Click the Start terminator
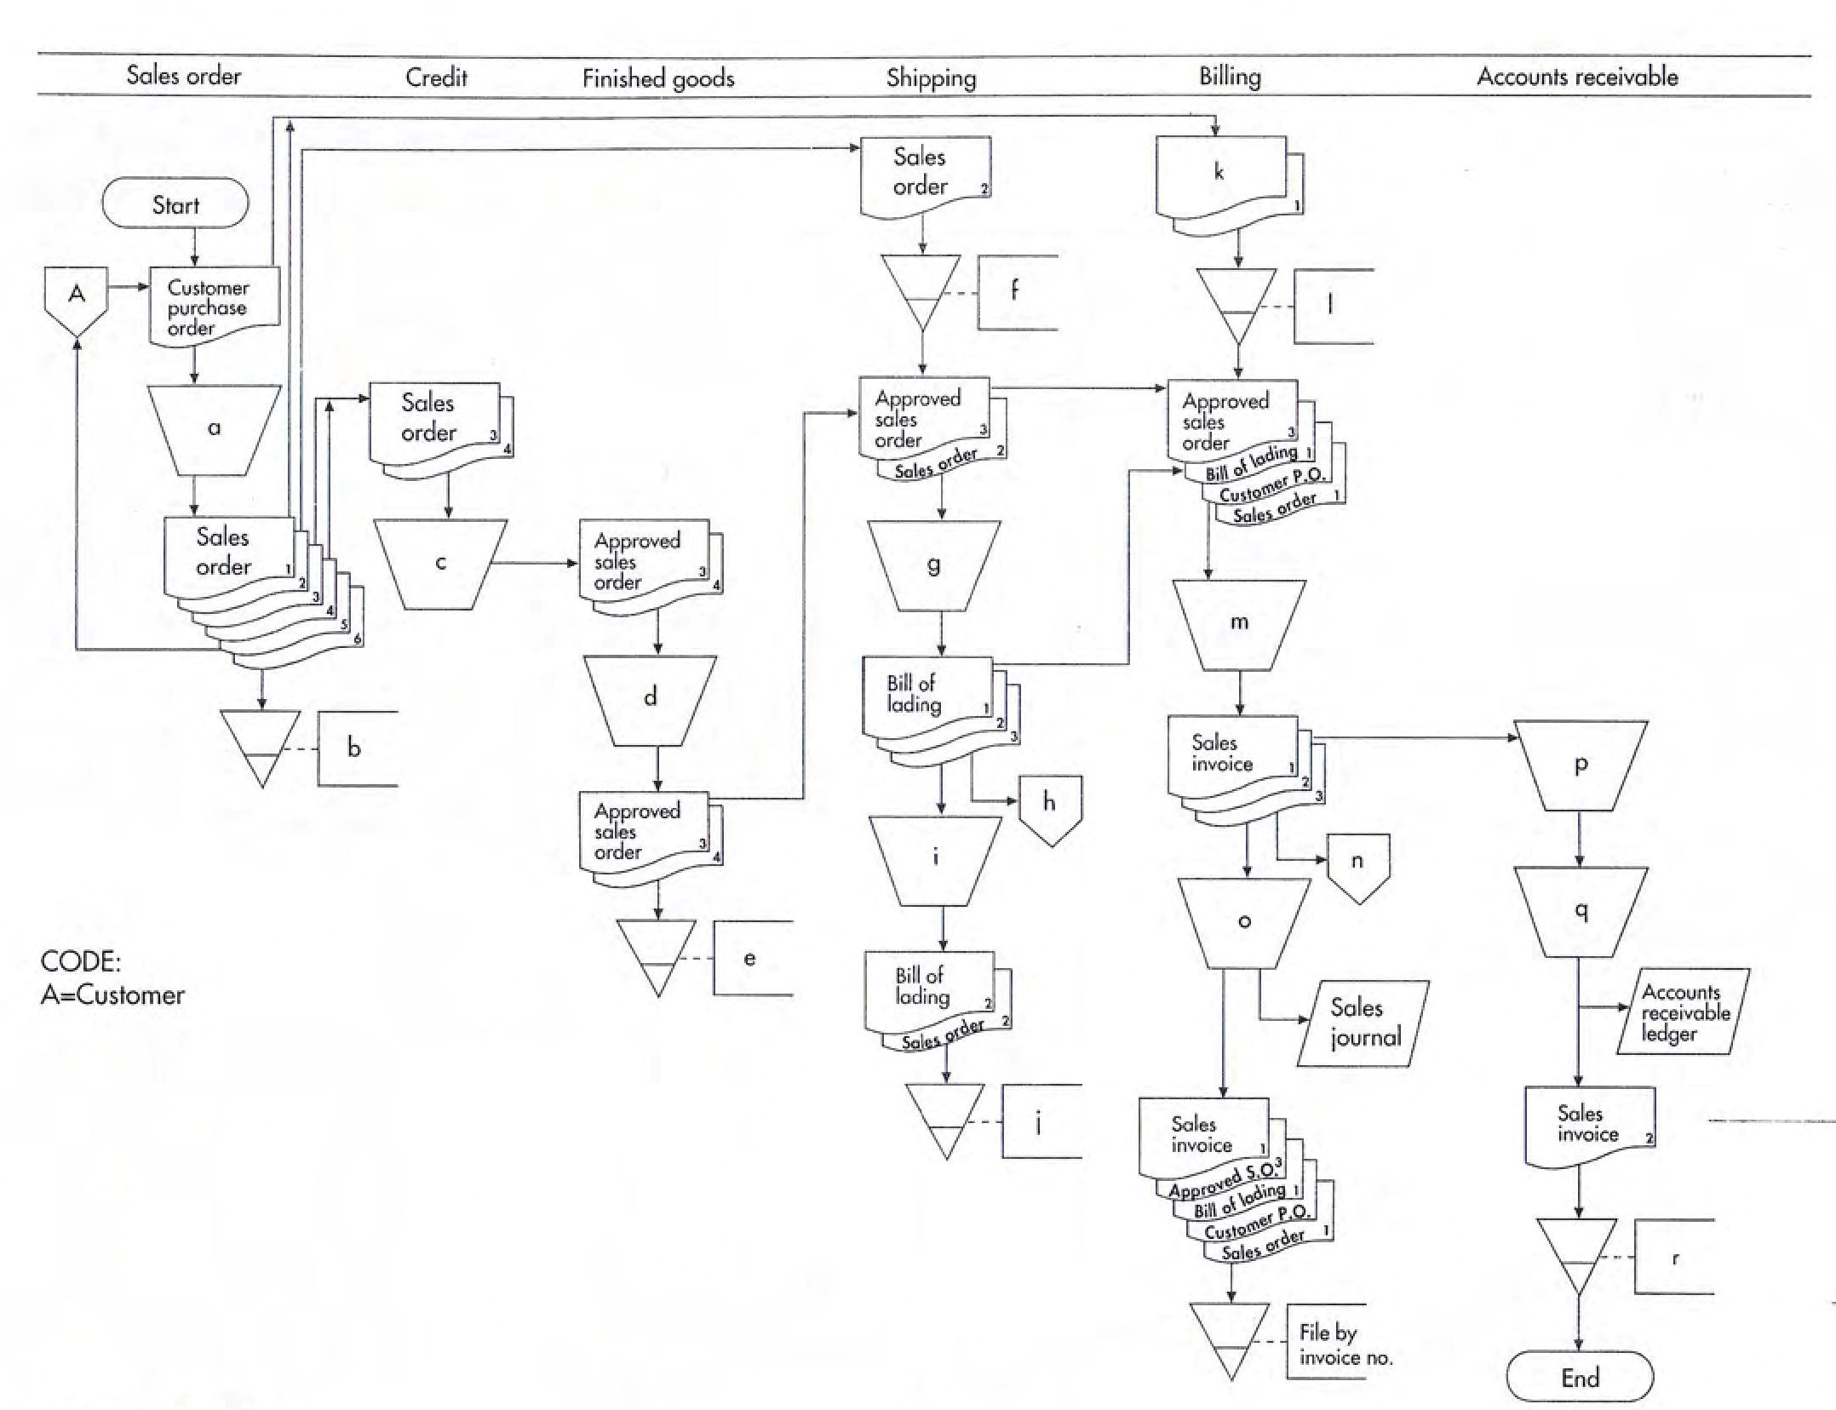pos(175,204)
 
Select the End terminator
pos(1580,1378)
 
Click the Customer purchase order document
pos(214,307)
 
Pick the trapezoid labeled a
pos(214,429)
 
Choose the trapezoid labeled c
pos(440,563)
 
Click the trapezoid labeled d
pos(651,698)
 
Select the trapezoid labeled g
pos(933,565)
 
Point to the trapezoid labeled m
pos(1239,623)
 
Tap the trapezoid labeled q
pos(1581,911)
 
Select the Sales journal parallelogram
pos(1363,1023)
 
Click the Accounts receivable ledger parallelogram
pos(1684,1013)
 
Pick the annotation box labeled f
pos(1017,292)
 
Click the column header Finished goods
pos(657,78)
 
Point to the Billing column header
pos(1230,77)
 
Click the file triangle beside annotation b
pos(261,742)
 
